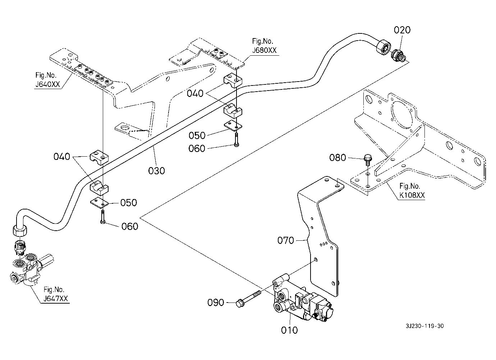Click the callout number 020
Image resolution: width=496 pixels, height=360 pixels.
click(x=402, y=30)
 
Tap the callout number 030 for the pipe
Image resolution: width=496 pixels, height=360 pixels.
click(x=157, y=170)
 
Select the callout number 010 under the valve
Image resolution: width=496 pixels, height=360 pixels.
click(x=290, y=330)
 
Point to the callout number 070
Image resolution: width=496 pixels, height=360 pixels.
click(x=286, y=240)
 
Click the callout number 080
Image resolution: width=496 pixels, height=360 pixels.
click(x=338, y=158)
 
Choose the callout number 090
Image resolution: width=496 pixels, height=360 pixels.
click(x=216, y=303)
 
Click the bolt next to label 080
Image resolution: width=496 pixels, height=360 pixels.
click(x=367, y=159)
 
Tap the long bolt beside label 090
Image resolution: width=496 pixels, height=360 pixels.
click(x=250, y=298)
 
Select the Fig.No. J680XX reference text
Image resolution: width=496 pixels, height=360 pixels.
click(x=264, y=46)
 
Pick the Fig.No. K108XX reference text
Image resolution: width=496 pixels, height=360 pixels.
click(x=412, y=191)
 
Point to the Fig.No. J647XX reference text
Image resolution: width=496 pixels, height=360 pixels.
click(x=56, y=295)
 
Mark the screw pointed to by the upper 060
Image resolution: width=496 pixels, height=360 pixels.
click(x=235, y=140)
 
